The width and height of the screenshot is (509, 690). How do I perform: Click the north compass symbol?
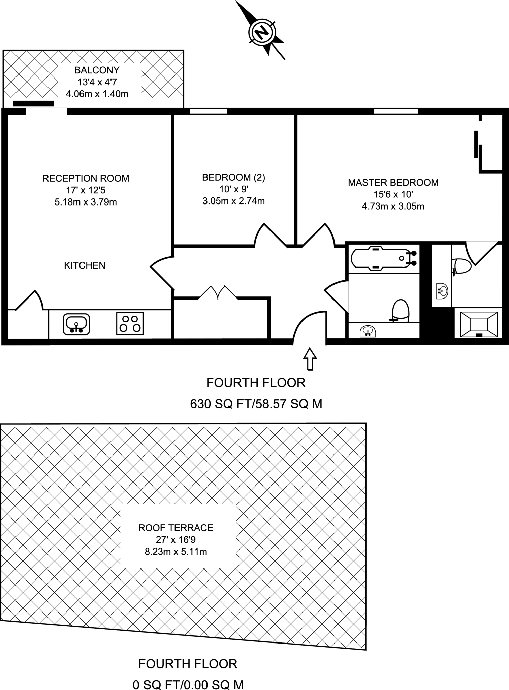click(x=262, y=33)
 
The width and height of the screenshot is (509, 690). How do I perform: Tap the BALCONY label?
click(x=97, y=70)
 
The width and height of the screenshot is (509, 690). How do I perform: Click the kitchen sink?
click(x=76, y=324)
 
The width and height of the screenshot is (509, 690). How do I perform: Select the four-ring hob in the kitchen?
click(x=130, y=323)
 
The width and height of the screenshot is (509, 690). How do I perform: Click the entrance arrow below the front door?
click(x=310, y=359)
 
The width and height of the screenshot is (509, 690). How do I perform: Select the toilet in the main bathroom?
click(x=401, y=310)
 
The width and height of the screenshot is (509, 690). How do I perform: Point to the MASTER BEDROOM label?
click(x=393, y=183)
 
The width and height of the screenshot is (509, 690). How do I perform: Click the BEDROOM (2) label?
click(x=233, y=177)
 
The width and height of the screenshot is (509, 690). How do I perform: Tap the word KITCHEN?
click(x=85, y=265)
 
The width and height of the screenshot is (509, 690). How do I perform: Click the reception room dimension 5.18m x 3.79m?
click(x=86, y=202)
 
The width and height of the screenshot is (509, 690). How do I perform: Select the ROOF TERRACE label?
click(x=176, y=528)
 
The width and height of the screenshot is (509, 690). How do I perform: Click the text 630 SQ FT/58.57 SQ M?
click(x=256, y=403)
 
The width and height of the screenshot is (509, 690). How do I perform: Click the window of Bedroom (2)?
click(x=208, y=111)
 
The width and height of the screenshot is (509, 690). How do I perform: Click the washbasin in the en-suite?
click(x=442, y=291)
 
